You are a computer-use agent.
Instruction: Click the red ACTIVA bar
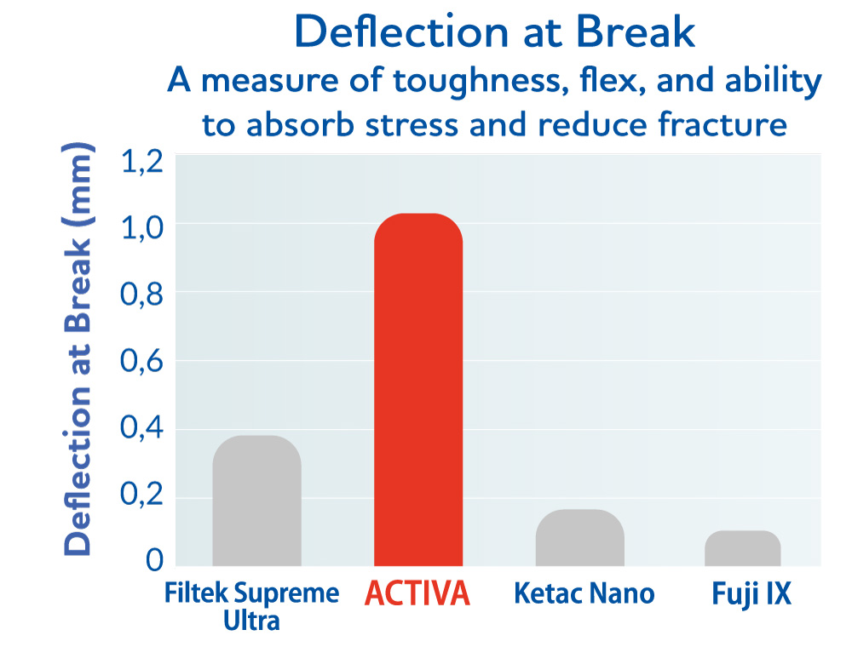click(x=418, y=390)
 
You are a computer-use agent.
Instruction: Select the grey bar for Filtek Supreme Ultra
click(x=257, y=501)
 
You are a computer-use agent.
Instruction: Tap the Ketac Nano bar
click(x=579, y=538)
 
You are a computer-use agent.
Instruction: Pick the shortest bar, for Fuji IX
click(x=743, y=548)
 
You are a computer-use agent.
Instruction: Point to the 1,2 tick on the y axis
click(x=141, y=161)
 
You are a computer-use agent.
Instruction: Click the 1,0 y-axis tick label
click(x=141, y=228)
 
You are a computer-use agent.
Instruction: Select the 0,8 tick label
click(x=141, y=295)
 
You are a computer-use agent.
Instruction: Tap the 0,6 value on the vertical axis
click(x=141, y=361)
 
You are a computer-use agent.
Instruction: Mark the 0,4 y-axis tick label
click(x=141, y=427)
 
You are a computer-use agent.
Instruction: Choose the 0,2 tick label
click(x=141, y=495)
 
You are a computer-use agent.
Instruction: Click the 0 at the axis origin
click(x=154, y=559)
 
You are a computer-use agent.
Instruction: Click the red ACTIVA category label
click(x=417, y=593)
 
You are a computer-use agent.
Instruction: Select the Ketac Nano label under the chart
click(x=584, y=593)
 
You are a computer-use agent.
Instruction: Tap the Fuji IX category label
click(x=751, y=594)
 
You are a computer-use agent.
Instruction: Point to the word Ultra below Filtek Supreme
click(x=251, y=621)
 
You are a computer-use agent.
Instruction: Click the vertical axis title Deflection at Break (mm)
click(x=78, y=349)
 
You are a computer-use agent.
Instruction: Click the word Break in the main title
click(x=636, y=32)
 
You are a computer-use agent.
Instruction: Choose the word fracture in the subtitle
click(x=722, y=123)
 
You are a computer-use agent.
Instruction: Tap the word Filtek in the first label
click(x=196, y=593)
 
